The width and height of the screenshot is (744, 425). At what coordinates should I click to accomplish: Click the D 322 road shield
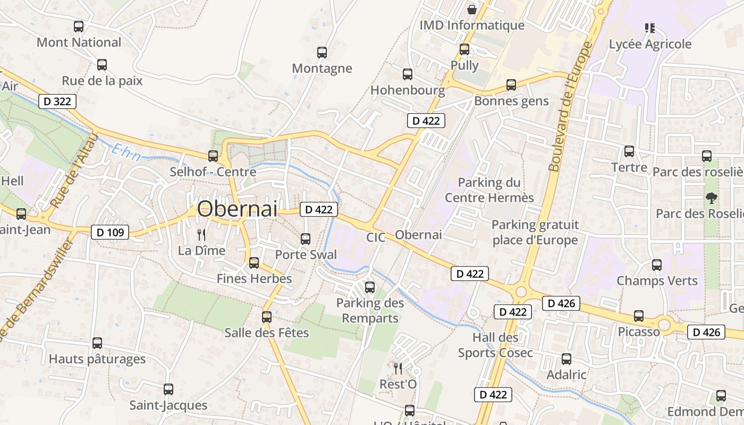click(x=57, y=101)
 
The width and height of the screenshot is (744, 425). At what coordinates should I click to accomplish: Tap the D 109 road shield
click(x=110, y=232)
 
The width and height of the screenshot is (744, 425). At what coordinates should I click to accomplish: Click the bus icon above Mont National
click(x=79, y=26)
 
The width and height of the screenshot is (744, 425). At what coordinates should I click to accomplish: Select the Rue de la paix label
click(x=102, y=81)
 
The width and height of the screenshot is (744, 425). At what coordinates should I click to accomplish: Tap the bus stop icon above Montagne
click(x=322, y=52)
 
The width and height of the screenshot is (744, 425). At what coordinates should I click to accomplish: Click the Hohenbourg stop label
click(x=408, y=90)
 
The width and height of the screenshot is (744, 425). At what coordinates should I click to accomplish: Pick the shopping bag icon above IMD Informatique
click(x=471, y=9)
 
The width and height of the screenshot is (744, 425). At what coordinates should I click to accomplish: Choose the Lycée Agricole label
click(x=650, y=44)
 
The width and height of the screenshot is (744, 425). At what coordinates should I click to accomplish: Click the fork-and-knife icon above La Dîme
click(x=201, y=234)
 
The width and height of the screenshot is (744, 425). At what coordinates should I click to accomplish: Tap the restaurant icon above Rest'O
click(x=398, y=368)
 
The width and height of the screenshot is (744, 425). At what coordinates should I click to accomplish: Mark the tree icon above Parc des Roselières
click(x=711, y=198)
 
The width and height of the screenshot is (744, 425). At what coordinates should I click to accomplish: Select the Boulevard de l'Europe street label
click(x=570, y=106)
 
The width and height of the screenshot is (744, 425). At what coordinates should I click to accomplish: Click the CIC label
click(x=375, y=237)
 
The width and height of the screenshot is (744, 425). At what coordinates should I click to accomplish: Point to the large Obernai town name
click(x=237, y=209)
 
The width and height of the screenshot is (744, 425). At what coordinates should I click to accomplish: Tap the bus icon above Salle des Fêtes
click(x=267, y=317)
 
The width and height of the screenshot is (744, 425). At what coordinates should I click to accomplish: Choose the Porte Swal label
click(x=306, y=254)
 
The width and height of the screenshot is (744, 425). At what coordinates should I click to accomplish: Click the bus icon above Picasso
click(x=639, y=316)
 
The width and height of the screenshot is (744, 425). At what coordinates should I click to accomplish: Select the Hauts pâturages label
click(x=97, y=359)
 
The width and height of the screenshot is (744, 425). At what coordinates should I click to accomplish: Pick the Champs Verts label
click(x=657, y=280)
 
